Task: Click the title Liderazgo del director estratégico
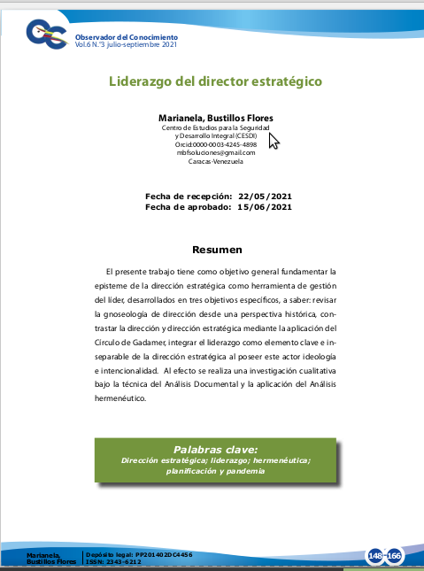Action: click(x=214, y=81)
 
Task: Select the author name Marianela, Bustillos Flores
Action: click(x=215, y=118)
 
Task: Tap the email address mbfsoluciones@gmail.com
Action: click(x=215, y=152)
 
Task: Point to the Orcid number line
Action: click(x=215, y=144)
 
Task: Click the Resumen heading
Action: click(x=217, y=250)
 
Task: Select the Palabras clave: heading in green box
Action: click(x=215, y=449)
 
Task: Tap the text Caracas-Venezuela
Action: click(x=215, y=161)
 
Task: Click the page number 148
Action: click(x=376, y=556)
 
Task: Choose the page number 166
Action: click(x=394, y=556)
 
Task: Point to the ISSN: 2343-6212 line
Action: click(x=113, y=562)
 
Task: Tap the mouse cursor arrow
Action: click(x=273, y=142)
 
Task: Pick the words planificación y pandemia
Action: click(x=215, y=471)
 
